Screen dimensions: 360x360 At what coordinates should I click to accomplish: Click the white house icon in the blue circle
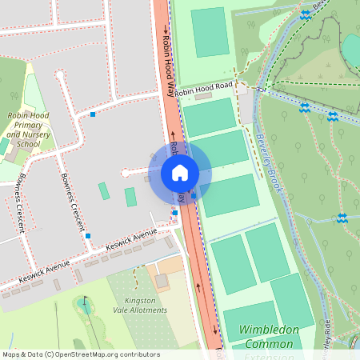coord(180,173)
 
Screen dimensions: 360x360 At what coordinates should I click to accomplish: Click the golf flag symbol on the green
coord(85,302)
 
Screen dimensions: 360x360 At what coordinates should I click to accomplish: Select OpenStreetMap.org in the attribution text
coord(95,354)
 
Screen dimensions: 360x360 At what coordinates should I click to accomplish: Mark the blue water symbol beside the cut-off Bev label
coord(305,14)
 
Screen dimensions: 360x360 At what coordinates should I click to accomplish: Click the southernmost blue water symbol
coord(342,218)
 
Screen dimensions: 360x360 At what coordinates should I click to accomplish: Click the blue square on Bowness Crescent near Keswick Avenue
coord(88,235)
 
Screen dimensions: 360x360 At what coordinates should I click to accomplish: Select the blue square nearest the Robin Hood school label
coord(94,114)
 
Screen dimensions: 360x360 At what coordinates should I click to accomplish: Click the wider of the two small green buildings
coord(130,197)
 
